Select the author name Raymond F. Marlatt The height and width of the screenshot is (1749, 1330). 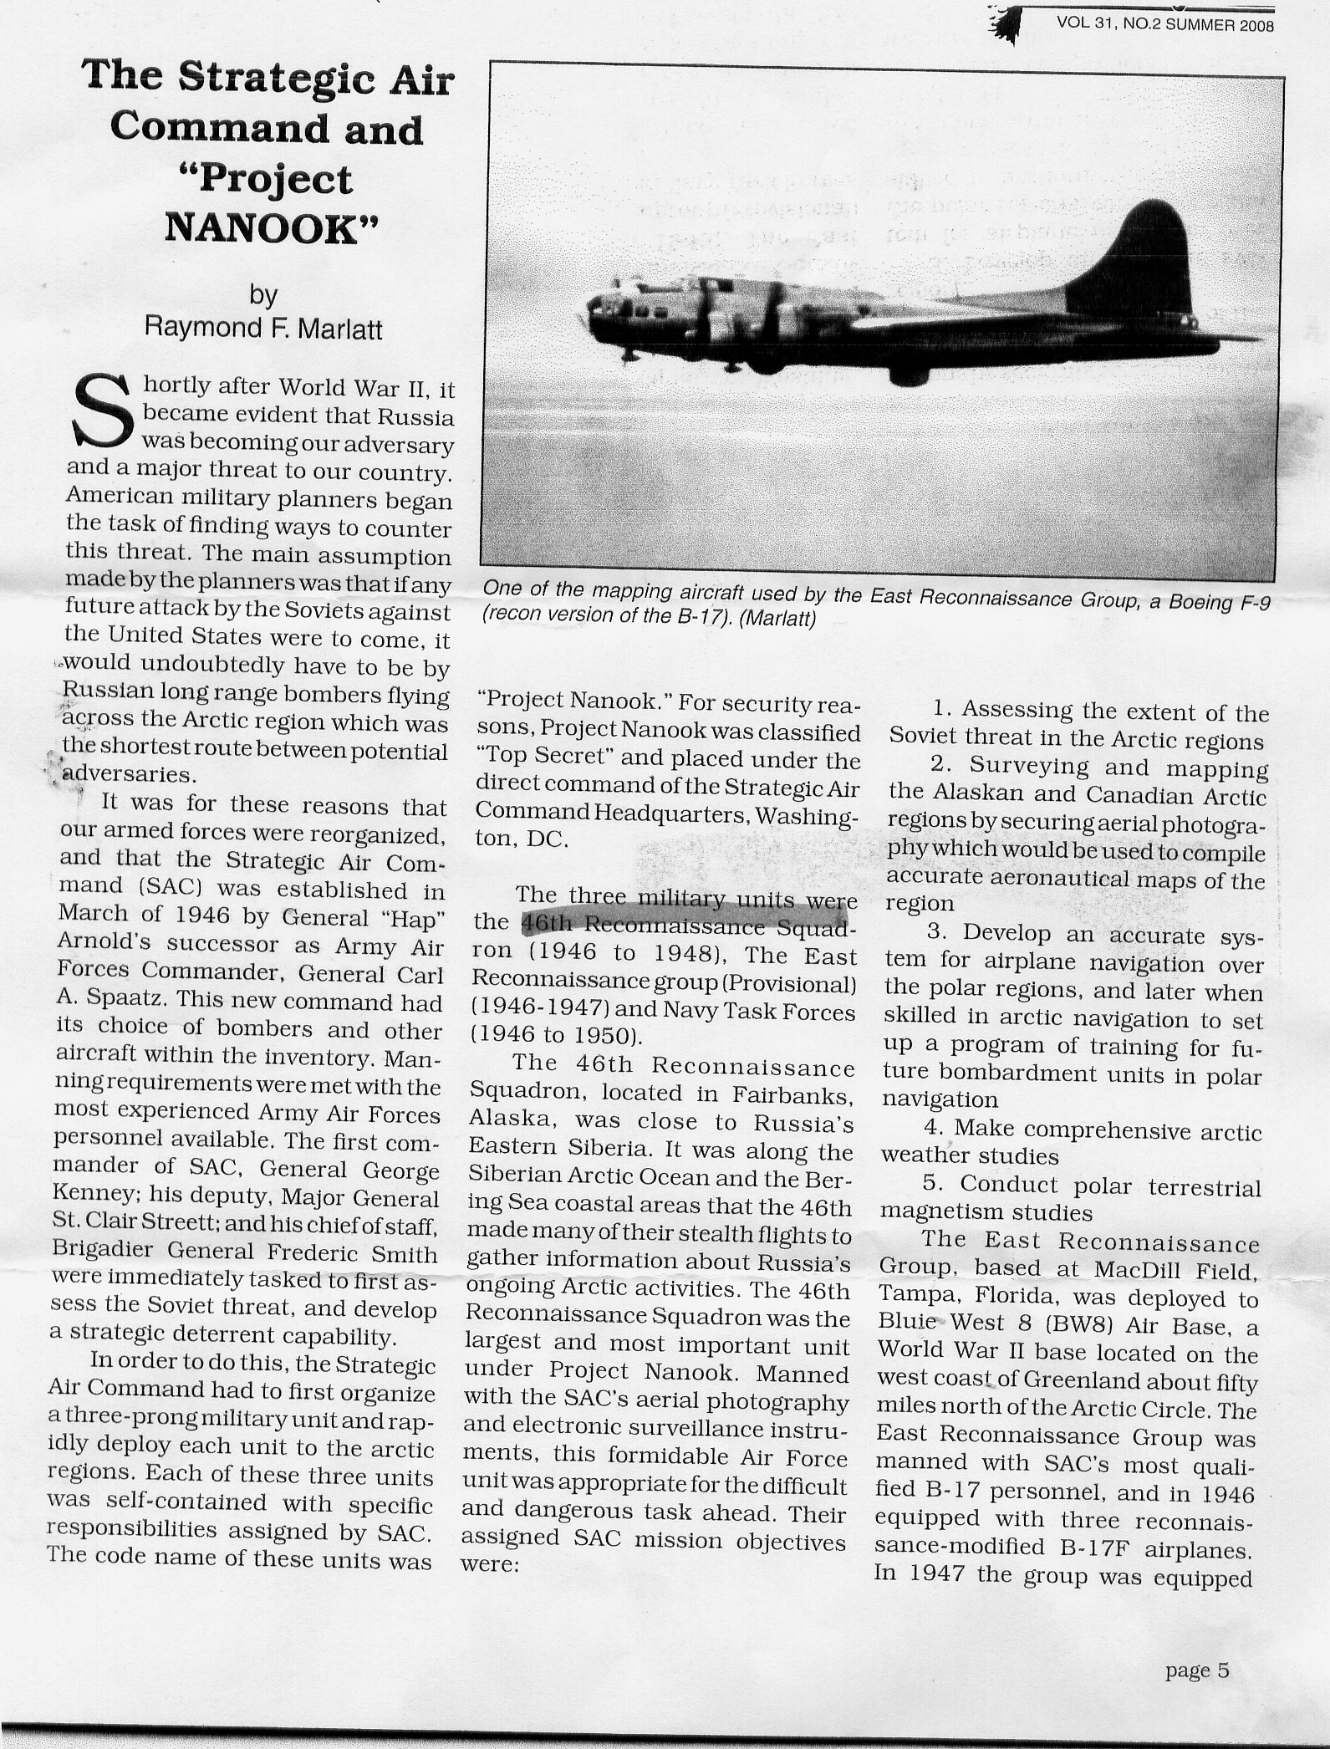tap(263, 327)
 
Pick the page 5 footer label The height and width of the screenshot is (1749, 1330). tap(1197, 1671)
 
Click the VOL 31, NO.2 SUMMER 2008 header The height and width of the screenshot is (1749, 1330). tap(1164, 24)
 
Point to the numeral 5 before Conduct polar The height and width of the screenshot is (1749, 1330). tap(933, 1185)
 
